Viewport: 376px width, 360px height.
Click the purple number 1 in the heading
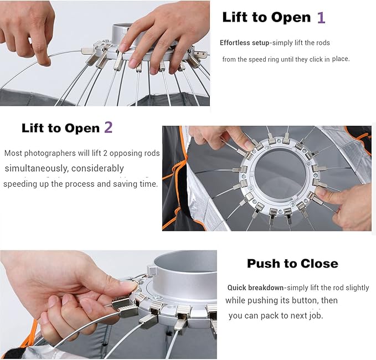321,18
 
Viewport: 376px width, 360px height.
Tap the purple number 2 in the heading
109,127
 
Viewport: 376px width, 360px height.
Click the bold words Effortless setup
244,43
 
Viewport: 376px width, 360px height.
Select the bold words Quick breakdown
255,287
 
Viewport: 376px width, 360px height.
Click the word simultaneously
36,168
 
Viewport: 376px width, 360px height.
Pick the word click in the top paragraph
317,59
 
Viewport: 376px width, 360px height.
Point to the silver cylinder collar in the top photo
125,34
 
